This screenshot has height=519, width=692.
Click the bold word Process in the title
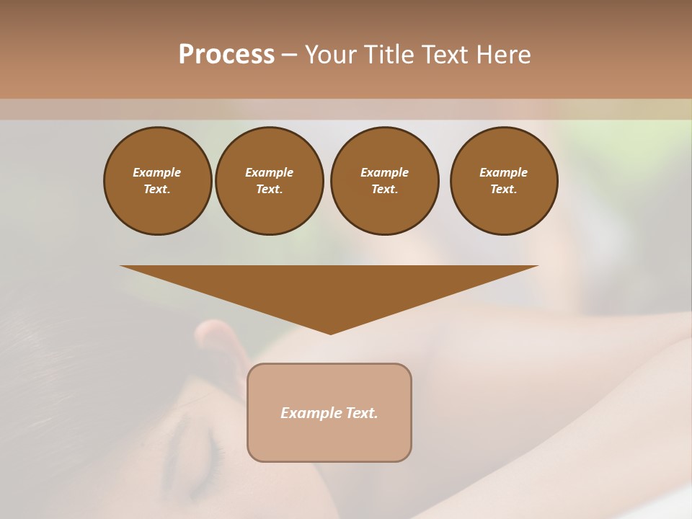[226, 55]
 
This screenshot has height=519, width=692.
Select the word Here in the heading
[502, 55]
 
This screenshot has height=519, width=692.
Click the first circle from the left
[157, 181]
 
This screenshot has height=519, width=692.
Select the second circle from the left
[270, 181]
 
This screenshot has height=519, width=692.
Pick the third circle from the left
[384, 181]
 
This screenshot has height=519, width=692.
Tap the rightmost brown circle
[504, 181]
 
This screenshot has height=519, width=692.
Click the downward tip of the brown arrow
[330, 332]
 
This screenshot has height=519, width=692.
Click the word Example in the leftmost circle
[157, 172]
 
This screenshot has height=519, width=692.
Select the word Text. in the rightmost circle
[504, 190]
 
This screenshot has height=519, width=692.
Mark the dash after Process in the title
[289, 55]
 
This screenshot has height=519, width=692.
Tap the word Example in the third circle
[384, 172]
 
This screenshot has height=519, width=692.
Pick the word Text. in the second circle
[270, 190]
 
